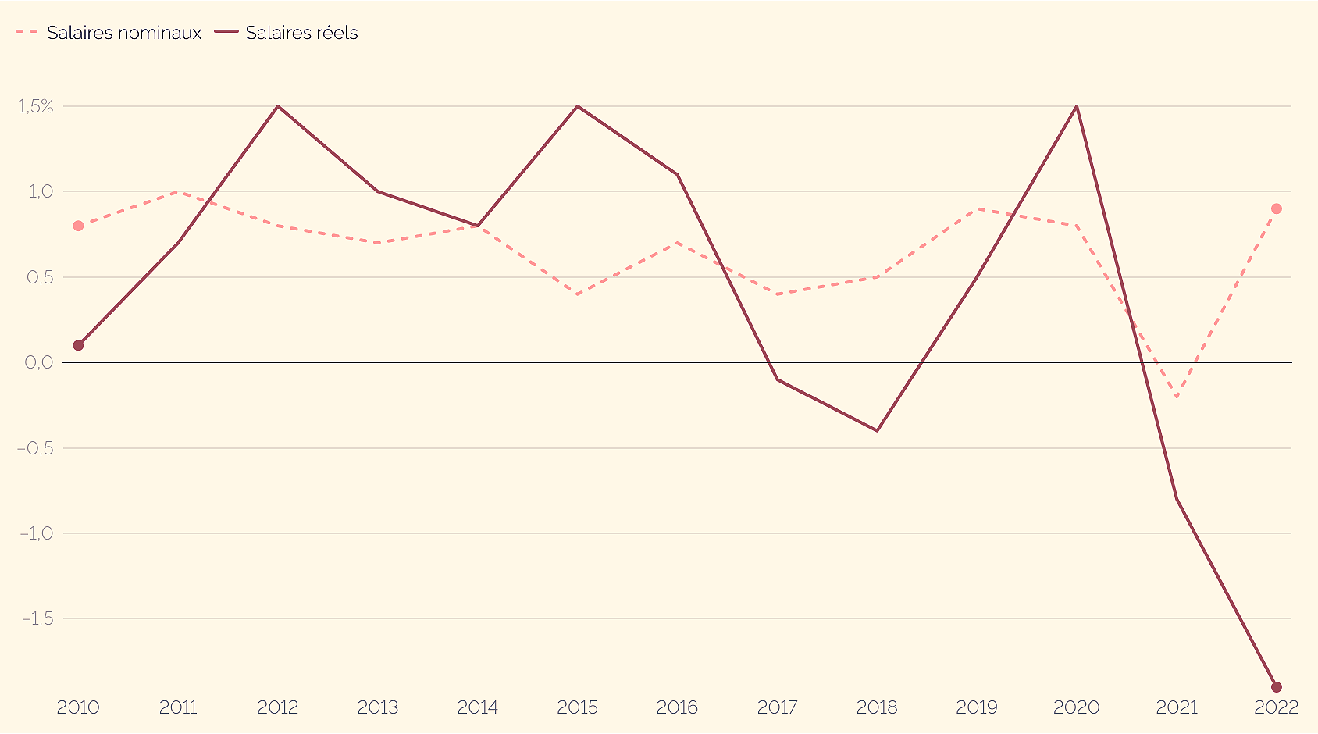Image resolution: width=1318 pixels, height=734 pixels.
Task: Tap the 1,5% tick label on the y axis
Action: (x=36, y=106)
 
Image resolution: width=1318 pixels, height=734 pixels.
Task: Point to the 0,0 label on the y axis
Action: (x=39, y=362)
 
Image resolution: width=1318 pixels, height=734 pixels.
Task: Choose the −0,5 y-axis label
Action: (x=35, y=448)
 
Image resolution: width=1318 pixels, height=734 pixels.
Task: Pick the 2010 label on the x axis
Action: (x=78, y=707)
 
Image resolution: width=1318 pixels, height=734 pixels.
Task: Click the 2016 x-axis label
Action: (x=677, y=707)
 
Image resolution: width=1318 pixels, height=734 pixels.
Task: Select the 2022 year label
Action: (x=1276, y=707)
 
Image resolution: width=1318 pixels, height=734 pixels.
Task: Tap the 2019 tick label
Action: (x=977, y=707)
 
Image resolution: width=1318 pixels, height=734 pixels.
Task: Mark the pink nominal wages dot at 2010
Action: (x=78, y=226)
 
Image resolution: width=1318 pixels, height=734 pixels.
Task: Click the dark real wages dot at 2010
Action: (x=78, y=345)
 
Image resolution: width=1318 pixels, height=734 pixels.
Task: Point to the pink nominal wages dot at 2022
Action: (x=1277, y=208)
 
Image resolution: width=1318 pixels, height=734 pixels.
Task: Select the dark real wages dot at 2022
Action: (x=1277, y=687)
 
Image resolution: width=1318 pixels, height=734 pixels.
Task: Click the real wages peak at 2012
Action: (x=278, y=106)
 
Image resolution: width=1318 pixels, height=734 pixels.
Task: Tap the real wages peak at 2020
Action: (x=1077, y=106)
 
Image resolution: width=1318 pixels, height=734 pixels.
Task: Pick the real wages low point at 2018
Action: (x=877, y=430)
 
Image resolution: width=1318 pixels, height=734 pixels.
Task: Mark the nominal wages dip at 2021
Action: (x=1177, y=397)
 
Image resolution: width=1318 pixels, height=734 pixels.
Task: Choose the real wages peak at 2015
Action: (x=577, y=106)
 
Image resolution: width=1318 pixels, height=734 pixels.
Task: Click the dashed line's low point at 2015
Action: (x=577, y=294)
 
